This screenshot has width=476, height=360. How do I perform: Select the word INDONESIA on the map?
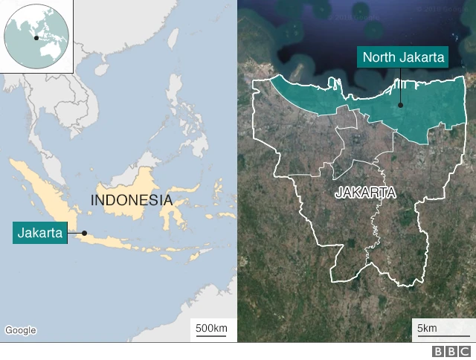coord(131,200)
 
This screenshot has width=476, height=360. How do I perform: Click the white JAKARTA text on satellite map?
coord(365,193)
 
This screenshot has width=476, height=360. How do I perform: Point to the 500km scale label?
coord(211,328)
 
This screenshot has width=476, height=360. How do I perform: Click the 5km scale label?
coord(427,328)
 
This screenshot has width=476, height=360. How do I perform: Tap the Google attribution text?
coord(21,330)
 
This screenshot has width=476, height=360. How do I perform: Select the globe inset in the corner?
coord(36,36)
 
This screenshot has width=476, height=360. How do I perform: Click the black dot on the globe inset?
coord(36,36)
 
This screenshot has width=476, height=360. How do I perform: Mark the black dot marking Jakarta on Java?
coord(84,233)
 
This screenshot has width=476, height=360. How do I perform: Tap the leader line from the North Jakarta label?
coord(401,86)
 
